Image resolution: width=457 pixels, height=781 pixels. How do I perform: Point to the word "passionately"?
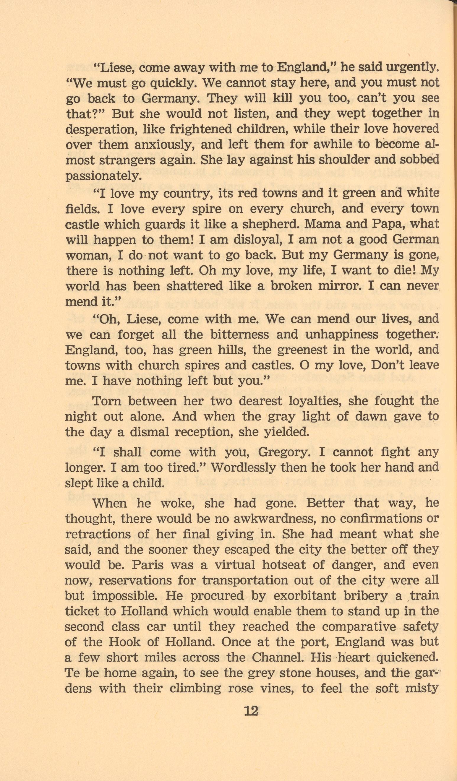pos(103,176)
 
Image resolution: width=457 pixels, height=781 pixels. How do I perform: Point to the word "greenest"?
pos(299,350)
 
